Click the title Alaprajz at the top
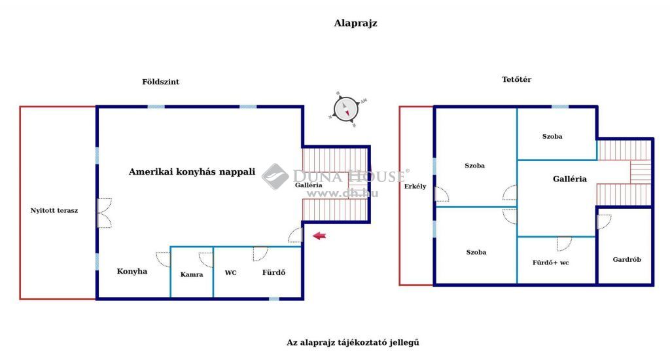pyautogui.click(x=355, y=23)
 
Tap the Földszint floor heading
pyautogui.click(x=161, y=82)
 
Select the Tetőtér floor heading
pyautogui.click(x=517, y=79)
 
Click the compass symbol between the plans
pyautogui.click(x=346, y=109)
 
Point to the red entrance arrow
pyautogui.click(x=319, y=236)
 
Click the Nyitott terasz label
pyautogui.click(x=54, y=210)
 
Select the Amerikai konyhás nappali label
pyautogui.click(x=192, y=172)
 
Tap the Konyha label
pyautogui.click(x=132, y=272)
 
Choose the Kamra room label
pyautogui.click(x=192, y=274)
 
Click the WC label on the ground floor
pyautogui.click(x=231, y=273)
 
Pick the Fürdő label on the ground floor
pyautogui.click(x=274, y=272)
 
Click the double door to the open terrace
pyautogui.click(x=104, y=213)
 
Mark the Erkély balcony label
pyautogui.click(x=415, y=187)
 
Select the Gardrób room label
pyautogui.click(x=627, y=259)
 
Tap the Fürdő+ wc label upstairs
pyautogui.click(x=551, y=262)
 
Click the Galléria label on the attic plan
pyautogui.click(x=570, y=179)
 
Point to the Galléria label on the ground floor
pyautogui.click(x=309, y=185)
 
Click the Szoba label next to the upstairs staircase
pyautogui.click(x=552, y=136)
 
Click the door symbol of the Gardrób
pyautogui.click(x=604, y=222)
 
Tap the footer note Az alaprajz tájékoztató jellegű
pyautogui.click(x=353, y=342)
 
